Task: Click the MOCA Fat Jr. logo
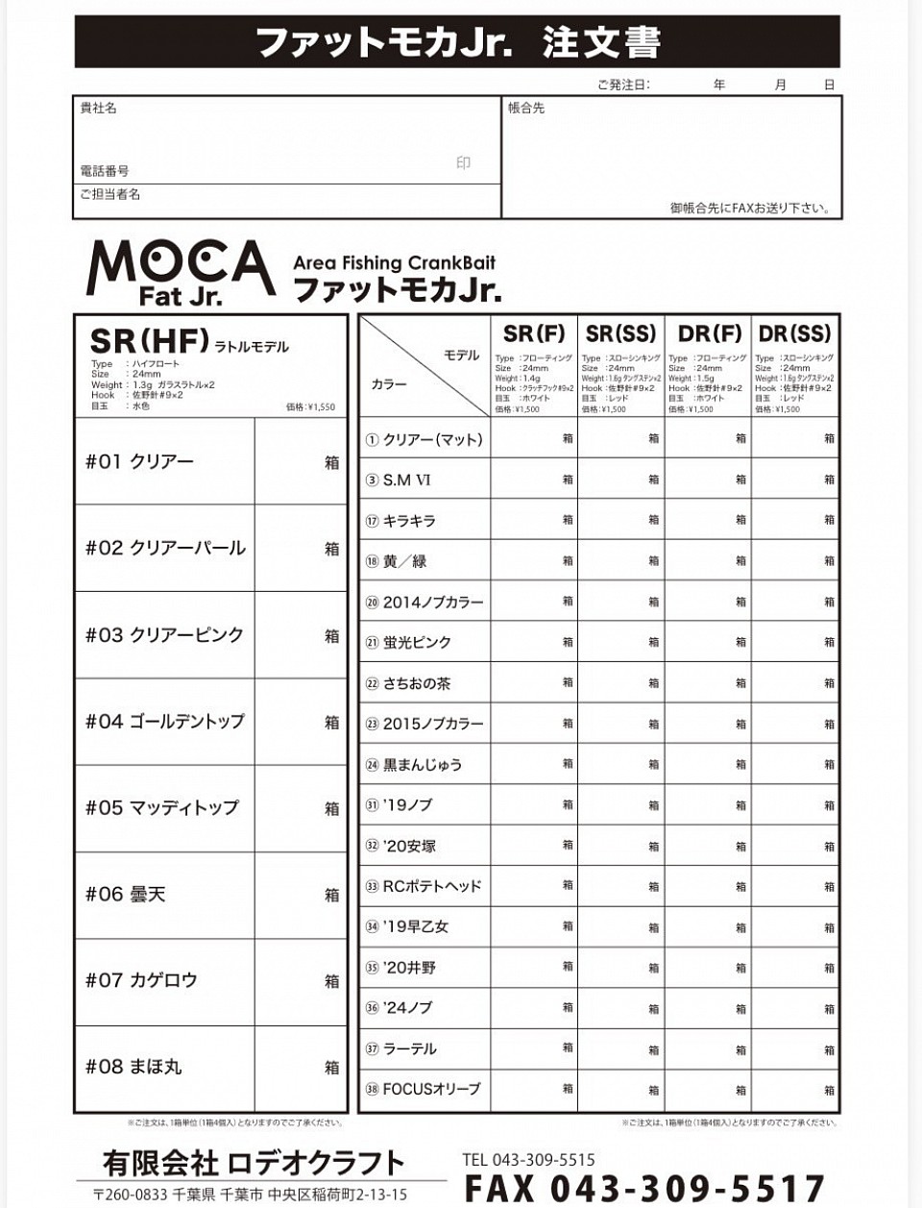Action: pyautogui.click(x=181, y=272)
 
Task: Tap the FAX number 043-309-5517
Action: pyautogui.click(x=644, y=1189)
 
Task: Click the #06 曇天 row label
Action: pyautogui.click(x=125, y=894)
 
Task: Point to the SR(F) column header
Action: pyautogui.click(x=534, y=334)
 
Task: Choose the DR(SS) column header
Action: pyautogui.click(x=794, y=334)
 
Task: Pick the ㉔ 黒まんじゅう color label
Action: pyautogui.click(x=413, y=765)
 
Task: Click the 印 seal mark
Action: pyautogui.click(x=463, y=163)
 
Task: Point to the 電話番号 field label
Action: pyautogui.click(x=104, y=171)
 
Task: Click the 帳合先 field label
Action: pyautogui.click(x=526, y=109)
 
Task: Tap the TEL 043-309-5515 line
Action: pyautogui.click(x=528, y=1160)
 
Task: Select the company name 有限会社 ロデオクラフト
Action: pyautogui.click(x=254, y=1164)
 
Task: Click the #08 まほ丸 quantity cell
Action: pyautogui.click(x=300, y=1067)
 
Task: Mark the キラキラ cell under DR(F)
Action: pyautogui.click(x=708, y=520)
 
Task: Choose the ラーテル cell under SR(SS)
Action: pyautogui.click(x=620, y=1048)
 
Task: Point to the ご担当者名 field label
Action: pyautogui.click(x=109, y=194)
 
